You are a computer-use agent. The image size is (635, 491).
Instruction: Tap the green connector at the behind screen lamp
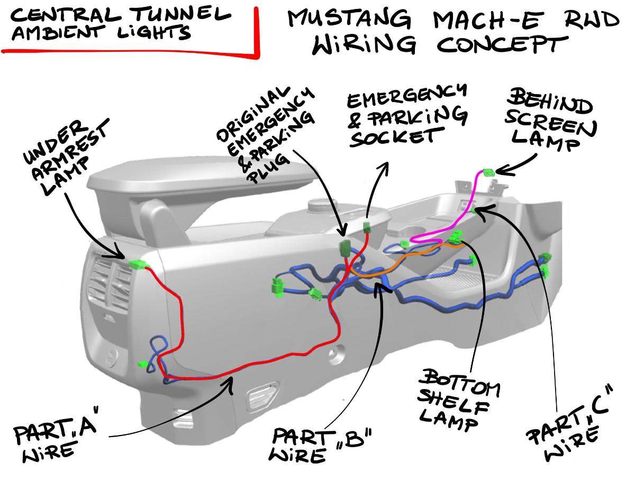tap(488, 172)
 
